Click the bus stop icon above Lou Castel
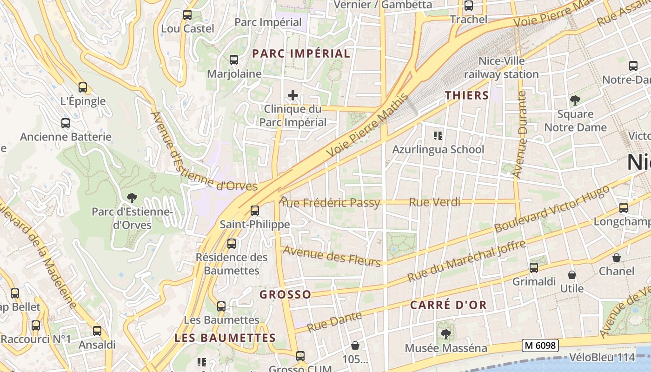click(x=187, y=15)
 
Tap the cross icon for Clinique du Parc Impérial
click(x=293, y=96)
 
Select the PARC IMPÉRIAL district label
click(x=301, y=53)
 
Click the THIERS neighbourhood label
click(x=467, y=96)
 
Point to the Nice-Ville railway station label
click(x=501, y=67)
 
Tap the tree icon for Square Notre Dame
click(x=575, y=100)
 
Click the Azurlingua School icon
click(x=438, y=136)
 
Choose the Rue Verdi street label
click(x=435, y=202)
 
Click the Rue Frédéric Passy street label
click(x=330, y=203)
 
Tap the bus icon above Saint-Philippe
click(x=255, y=210)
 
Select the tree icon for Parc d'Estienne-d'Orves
click(x=132, y=198)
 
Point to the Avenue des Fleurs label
click(x=332, y=256)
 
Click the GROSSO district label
click(x=285, y=294)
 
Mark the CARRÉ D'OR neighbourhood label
click(x=448, y=305)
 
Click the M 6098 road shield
click(x=540, y=345)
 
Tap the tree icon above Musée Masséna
click(x=446, y=334)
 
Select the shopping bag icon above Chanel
click(x=617, y=258)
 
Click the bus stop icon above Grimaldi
click(x=534, y=267)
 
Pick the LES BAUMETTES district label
click(x=225, y=338)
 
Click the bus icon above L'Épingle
click(x=83, y=87)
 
